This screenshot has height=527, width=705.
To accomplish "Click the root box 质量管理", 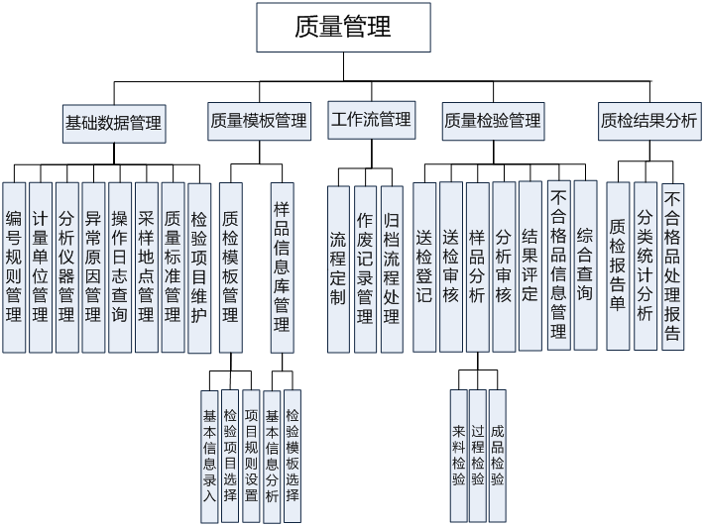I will point(343,27).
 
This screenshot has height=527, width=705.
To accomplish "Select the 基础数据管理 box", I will point(113,123).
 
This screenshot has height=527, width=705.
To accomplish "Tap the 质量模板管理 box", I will point(259,121).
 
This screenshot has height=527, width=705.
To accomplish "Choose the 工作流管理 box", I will point(370,120).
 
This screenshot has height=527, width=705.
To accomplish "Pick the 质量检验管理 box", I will point(493,121).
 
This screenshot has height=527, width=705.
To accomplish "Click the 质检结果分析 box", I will point(649,121).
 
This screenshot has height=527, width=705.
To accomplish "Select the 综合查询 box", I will point(585,264).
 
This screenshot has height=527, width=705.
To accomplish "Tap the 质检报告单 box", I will point(618,264).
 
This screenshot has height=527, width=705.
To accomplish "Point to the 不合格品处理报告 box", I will point(673,264).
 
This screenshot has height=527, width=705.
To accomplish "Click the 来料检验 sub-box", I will point(458,455).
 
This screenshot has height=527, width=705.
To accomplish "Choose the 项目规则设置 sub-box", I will point(251,448).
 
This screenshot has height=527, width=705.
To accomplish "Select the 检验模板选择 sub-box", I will point(292,448).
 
